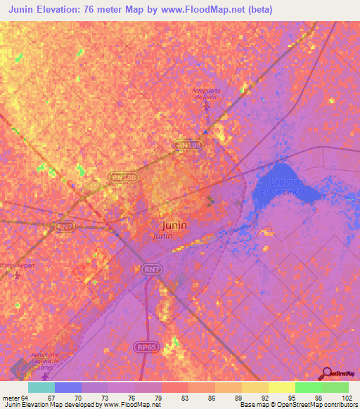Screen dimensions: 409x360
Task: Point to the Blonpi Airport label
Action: [17, 266]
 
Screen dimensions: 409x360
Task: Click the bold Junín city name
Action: [174, 226]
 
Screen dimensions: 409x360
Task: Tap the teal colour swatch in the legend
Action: [41, 387]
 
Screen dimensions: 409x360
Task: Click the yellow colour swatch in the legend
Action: [281, 387]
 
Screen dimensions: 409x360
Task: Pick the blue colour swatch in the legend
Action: [67, 387]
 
